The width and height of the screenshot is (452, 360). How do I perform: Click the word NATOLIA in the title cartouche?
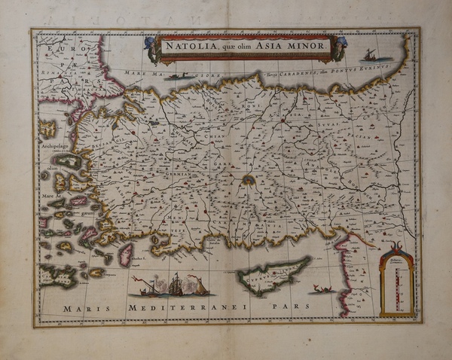click(190, 47)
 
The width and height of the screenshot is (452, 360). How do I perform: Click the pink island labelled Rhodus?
click(126, 254)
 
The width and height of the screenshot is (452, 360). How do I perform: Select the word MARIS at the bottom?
click(81, 309)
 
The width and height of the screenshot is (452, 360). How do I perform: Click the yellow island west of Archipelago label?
click(47, 128)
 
